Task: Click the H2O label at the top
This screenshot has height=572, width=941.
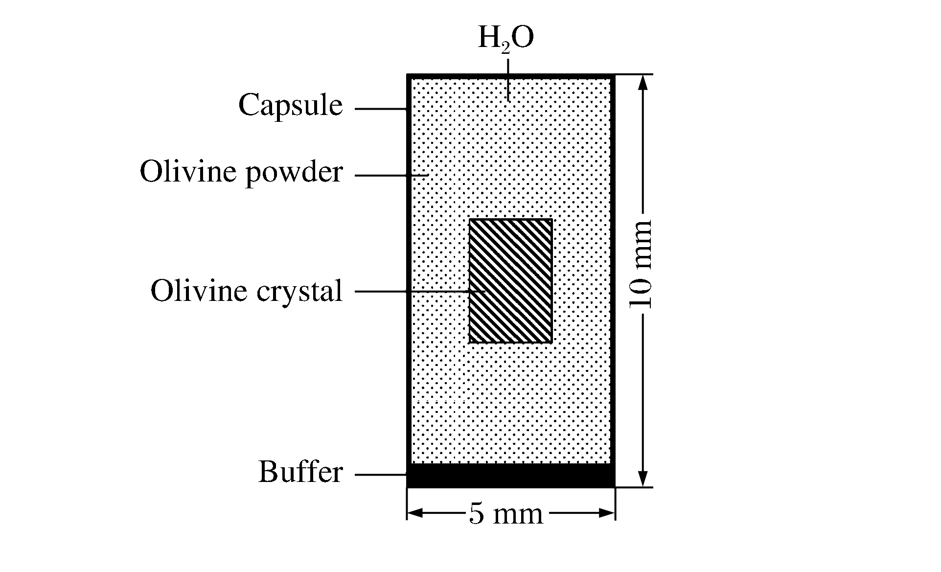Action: [x=505, y=39]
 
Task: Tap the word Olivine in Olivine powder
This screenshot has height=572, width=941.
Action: [x=188, y=171]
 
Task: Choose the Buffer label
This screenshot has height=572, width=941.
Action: [x=300, y=472]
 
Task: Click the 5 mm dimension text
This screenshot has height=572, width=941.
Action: [x=506, y=514]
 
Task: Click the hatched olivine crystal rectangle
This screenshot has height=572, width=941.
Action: [x=511, y=281]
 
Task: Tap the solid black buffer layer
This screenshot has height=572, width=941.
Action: [x=511, y=476]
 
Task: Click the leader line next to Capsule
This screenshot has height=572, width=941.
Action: [x=381, y=109]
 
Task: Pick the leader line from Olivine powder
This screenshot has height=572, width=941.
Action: [x=391, y=175]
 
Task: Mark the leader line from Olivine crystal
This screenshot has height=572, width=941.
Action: [x=420, y=292]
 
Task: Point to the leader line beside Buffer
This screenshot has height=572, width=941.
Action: [x=381, y=474]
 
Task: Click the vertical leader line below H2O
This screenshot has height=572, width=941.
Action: [x=508, y=80]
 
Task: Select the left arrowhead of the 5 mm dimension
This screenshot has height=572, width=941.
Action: [x=415, y=513]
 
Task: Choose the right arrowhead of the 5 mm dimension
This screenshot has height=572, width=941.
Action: [x=606, y=513]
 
